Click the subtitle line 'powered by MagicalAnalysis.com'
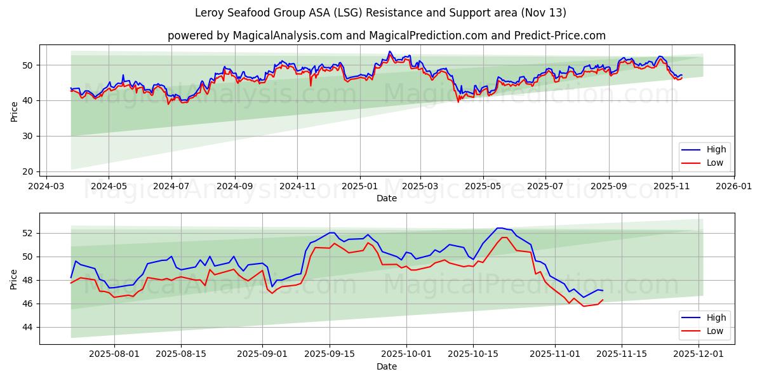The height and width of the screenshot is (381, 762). (x=386, y=36)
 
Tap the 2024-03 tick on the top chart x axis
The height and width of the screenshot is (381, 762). (x=46, y=187)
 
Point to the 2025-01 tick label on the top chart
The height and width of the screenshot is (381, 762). (x=360, y=187)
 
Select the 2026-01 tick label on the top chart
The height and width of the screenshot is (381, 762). (x=735, y=187)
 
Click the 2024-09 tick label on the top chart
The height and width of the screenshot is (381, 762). (x=234, y=187)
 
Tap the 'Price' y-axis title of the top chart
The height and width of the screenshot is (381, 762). (x=14, y=110)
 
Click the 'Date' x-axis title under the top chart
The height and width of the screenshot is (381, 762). (x=386, y=198)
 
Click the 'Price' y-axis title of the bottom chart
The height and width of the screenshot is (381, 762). (x=14, y=279)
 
